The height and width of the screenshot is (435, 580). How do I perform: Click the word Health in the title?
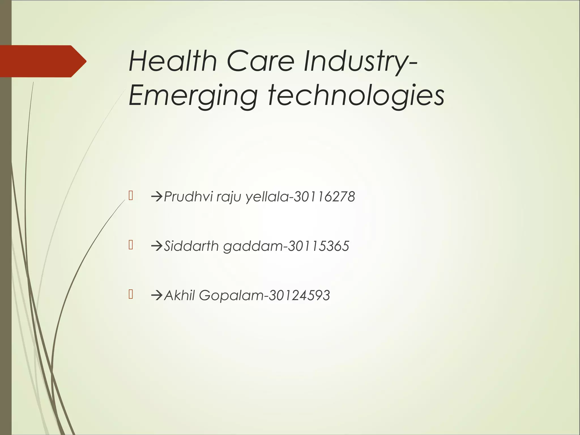[173, 61]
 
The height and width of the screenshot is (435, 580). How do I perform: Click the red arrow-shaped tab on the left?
[42, 61]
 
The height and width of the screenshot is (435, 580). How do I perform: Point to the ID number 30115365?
[318, 246]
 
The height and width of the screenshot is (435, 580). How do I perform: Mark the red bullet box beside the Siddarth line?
[131, 245]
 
